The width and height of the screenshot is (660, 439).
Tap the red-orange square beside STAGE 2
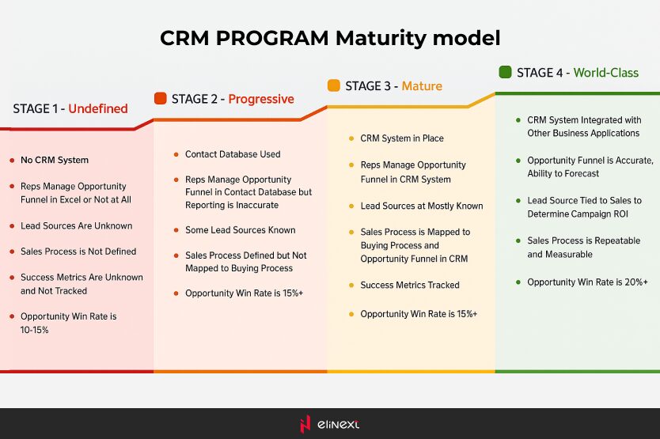[160, 99]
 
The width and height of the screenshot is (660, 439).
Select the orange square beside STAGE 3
[334, 85]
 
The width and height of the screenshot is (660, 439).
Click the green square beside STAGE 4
[505, 72]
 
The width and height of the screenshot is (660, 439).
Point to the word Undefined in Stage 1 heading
[98, 109]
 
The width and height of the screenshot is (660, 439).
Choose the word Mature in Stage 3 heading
[422, 85]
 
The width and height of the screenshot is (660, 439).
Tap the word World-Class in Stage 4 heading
[605, 73]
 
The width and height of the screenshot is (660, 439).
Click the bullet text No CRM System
[55, 160]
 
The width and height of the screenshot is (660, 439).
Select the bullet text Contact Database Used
[233, 154]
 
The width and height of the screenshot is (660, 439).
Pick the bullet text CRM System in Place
[402, 138]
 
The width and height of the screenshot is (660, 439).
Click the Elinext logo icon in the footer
[305, 424]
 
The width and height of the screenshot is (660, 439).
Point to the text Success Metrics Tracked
[410, 285]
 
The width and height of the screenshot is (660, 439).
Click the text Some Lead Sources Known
[241, 230]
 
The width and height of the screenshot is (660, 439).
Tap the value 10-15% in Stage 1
[35, 330]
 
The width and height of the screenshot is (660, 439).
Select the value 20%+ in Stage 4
[633, 282]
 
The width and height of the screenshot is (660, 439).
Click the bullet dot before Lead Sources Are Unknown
[12, 226]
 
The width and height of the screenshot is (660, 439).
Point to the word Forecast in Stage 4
[581, 174]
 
